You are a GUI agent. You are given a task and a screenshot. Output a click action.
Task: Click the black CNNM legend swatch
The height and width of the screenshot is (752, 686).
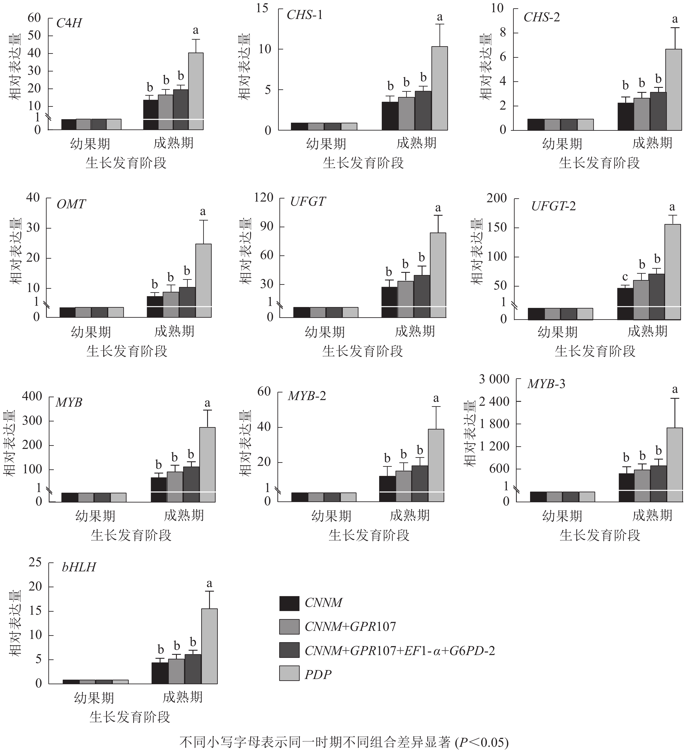289,604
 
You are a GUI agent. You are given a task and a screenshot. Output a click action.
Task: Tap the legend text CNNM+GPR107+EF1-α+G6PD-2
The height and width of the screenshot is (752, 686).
400,650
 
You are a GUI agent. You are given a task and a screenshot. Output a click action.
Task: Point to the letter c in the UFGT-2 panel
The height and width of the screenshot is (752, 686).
625,277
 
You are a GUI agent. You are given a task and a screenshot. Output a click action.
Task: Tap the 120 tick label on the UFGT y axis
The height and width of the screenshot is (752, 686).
264,197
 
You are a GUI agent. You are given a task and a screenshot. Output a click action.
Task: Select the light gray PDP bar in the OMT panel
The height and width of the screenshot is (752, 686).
204,280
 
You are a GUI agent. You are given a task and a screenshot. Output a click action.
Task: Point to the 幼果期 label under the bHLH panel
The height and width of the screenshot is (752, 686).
94,698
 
